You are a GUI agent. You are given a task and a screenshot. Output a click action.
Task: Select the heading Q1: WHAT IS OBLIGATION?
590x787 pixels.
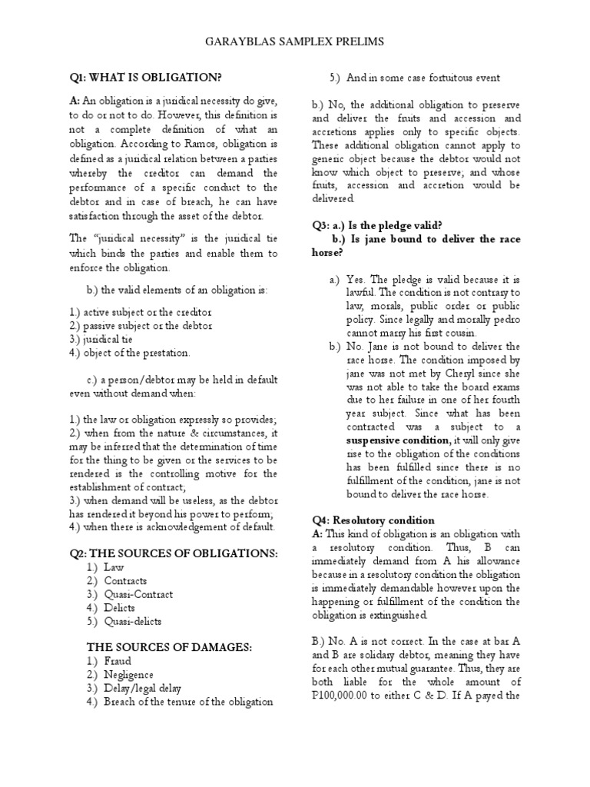tap(145, 78)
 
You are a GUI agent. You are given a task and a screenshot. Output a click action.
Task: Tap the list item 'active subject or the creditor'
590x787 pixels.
tap(140, 313)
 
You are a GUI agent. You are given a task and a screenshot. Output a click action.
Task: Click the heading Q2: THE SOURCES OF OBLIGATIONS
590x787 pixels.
tap(174, 553)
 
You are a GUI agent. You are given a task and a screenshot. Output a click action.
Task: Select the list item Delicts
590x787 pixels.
tap(120, 607)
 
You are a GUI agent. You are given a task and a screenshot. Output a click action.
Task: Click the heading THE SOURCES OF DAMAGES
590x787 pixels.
tap(169, 648)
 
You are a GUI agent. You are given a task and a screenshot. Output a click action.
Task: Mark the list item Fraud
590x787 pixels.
tap(118, 661)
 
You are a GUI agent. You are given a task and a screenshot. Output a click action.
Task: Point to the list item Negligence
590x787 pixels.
tap(128, 675)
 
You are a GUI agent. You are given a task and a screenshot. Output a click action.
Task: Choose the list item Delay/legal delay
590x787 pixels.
tap(142, 688)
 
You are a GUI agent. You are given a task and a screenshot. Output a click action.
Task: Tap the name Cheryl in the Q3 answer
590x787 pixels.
tap(429, 374)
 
